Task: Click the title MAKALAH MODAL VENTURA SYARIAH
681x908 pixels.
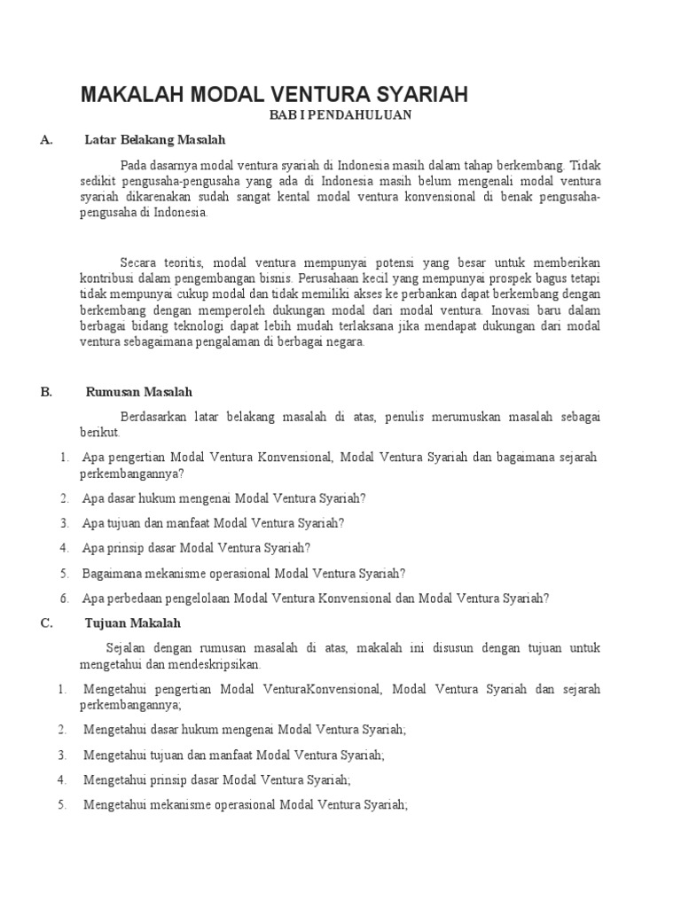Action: coord(274,95)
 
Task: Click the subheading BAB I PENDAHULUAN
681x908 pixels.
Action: coord(340,115)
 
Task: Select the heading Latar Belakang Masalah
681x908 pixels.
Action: coord(155,140)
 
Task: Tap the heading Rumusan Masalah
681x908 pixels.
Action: coord(139,392)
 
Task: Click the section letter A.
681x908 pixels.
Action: coord(47,140)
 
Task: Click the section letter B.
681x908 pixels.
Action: coord(46,392)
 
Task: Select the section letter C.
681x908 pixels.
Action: coord(46,622)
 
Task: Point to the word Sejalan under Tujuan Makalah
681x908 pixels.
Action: coord(127,648)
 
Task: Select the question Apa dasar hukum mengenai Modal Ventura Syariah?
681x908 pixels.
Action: coord(223,498)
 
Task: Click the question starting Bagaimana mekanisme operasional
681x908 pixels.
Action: coord(244,573)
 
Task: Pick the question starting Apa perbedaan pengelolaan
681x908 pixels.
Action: coord(316,599)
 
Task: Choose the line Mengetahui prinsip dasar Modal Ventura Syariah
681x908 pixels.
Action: coord(217,780)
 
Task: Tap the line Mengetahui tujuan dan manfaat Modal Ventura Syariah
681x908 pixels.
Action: coord(234,755)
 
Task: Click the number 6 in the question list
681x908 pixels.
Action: coord(65,599)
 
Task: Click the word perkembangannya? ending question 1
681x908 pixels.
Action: coord(132,474)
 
